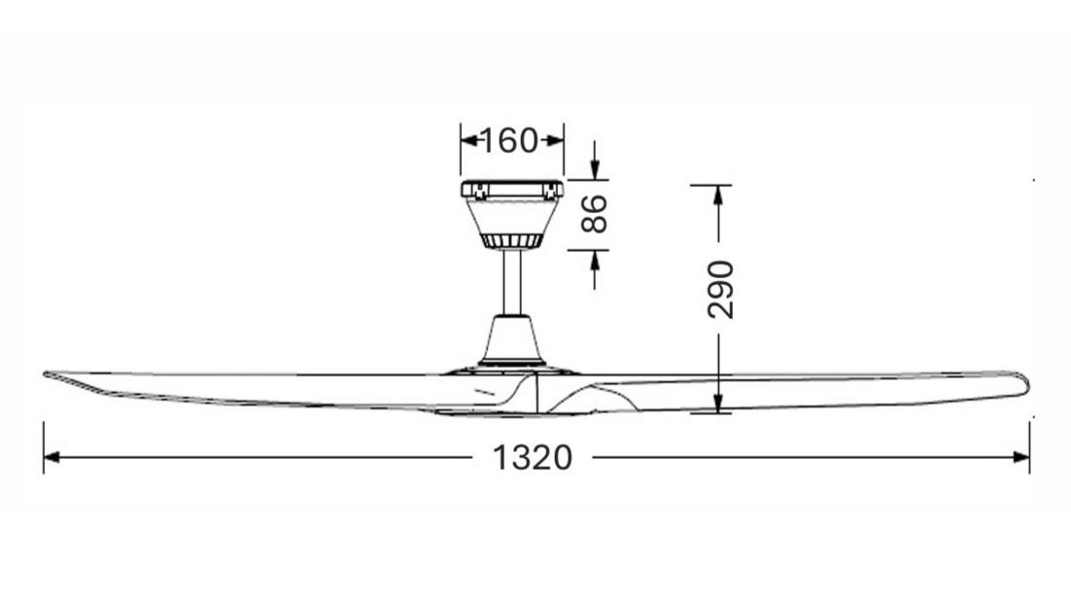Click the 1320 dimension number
click(x=532, y=458)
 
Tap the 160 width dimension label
click(x=509, y=141)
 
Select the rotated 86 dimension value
click(x=594, y=214)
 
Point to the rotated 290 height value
click(x=720, y=289)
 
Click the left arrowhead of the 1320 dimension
click(x=52, y=457)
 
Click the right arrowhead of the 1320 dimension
click(x=1021, y=457)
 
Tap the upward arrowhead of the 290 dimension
click(x=718, y=194)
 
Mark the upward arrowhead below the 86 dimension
click(x=594, y=259)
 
